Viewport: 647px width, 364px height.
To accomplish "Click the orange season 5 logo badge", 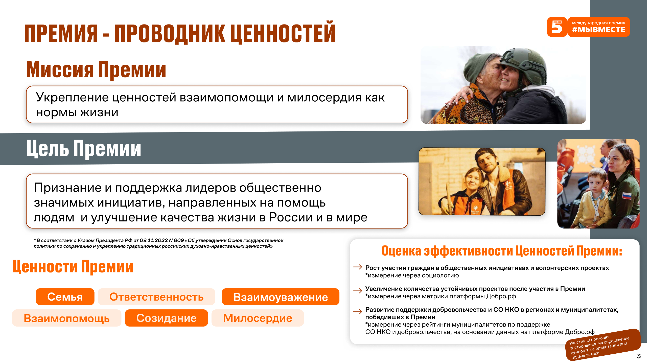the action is click(557, 27).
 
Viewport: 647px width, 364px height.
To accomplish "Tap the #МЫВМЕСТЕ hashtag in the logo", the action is click(598, 30).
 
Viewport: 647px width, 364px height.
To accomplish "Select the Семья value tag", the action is click(65, 297).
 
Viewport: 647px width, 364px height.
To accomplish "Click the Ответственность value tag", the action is click(156, 297).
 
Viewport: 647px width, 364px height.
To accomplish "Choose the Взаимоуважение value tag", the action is click(281, 297).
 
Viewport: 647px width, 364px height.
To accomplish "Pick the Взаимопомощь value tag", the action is click(67, 318).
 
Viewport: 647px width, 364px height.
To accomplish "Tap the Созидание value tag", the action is click(166, 318).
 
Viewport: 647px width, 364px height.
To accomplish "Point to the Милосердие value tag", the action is click(258, 318).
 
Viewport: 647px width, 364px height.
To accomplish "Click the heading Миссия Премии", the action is click(96, 70).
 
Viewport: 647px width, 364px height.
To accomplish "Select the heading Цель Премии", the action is click(84, 149).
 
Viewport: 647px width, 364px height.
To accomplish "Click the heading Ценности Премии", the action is click(73, 266).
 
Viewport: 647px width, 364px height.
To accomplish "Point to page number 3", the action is click(639, 356).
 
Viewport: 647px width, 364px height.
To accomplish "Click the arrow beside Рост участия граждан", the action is click(358, 267).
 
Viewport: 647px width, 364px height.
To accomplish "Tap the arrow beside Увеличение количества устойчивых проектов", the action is click(358, 291).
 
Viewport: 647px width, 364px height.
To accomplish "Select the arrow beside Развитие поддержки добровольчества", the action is click(358, 312).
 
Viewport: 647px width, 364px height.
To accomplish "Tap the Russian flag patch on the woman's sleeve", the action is click(626, 196).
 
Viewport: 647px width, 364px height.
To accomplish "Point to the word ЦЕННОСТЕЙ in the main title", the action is click(283, 33).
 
